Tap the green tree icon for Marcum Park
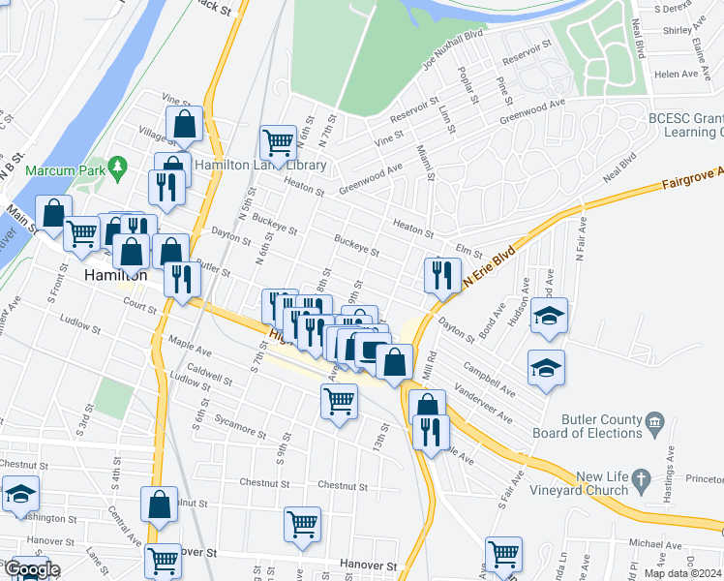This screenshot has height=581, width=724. click(119, 168)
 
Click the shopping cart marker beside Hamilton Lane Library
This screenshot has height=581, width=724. click(279, 142)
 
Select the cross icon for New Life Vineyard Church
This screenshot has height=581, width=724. click(640, 478)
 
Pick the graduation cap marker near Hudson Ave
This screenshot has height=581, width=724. click(549, 317)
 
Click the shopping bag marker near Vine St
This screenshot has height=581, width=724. click(184, 124)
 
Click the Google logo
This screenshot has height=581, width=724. click(31, 570)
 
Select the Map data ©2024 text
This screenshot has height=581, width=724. click(683, 573)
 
